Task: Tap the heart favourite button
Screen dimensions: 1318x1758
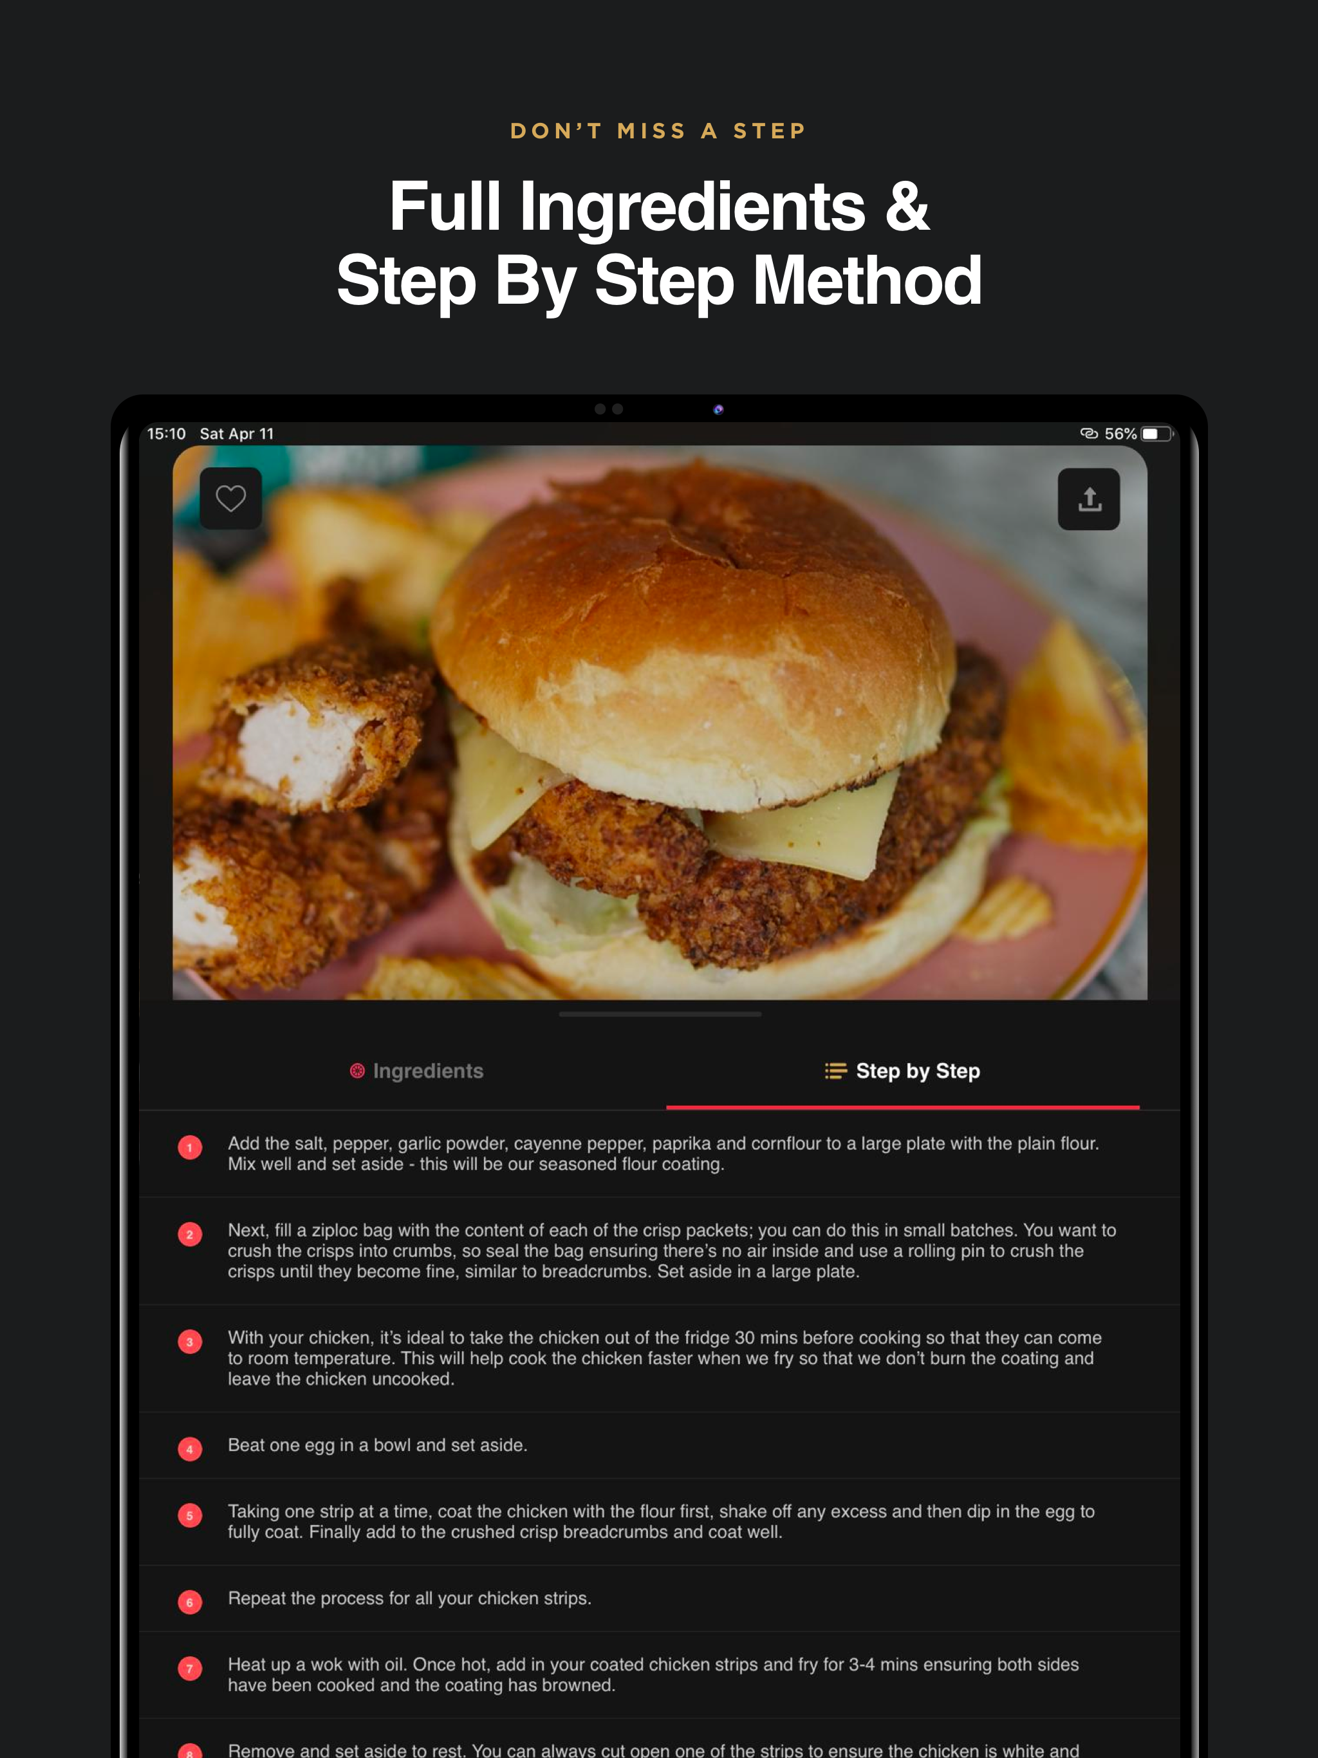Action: [x=230, y=498]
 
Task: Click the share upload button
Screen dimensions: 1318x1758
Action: [x=1088, y=499]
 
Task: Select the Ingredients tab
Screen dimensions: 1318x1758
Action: [x=416, y=1071]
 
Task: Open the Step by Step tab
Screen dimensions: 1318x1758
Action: [x=902, y=1071]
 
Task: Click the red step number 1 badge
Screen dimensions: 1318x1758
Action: [x=190, y=1147]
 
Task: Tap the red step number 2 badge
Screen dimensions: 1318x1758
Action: [x=190, y=1234]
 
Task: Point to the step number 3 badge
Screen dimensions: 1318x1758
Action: [x=190, y=1342]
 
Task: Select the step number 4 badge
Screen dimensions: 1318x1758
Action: [x=190, y=1449]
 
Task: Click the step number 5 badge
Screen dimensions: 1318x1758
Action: [x=190, y=1515]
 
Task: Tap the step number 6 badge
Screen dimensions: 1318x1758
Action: [x=190, y=1602]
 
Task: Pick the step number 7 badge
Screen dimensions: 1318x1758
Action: [x=190, y=1668]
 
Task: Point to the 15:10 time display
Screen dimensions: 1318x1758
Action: [x=166, y=433]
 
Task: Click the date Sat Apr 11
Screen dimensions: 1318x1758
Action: [x=237, y=433]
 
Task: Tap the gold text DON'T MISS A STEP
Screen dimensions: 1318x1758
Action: [x=659, y=131]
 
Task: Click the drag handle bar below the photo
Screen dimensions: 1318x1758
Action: [x=660, y=1014]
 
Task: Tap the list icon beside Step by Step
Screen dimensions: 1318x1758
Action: [x=835, y=1071]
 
